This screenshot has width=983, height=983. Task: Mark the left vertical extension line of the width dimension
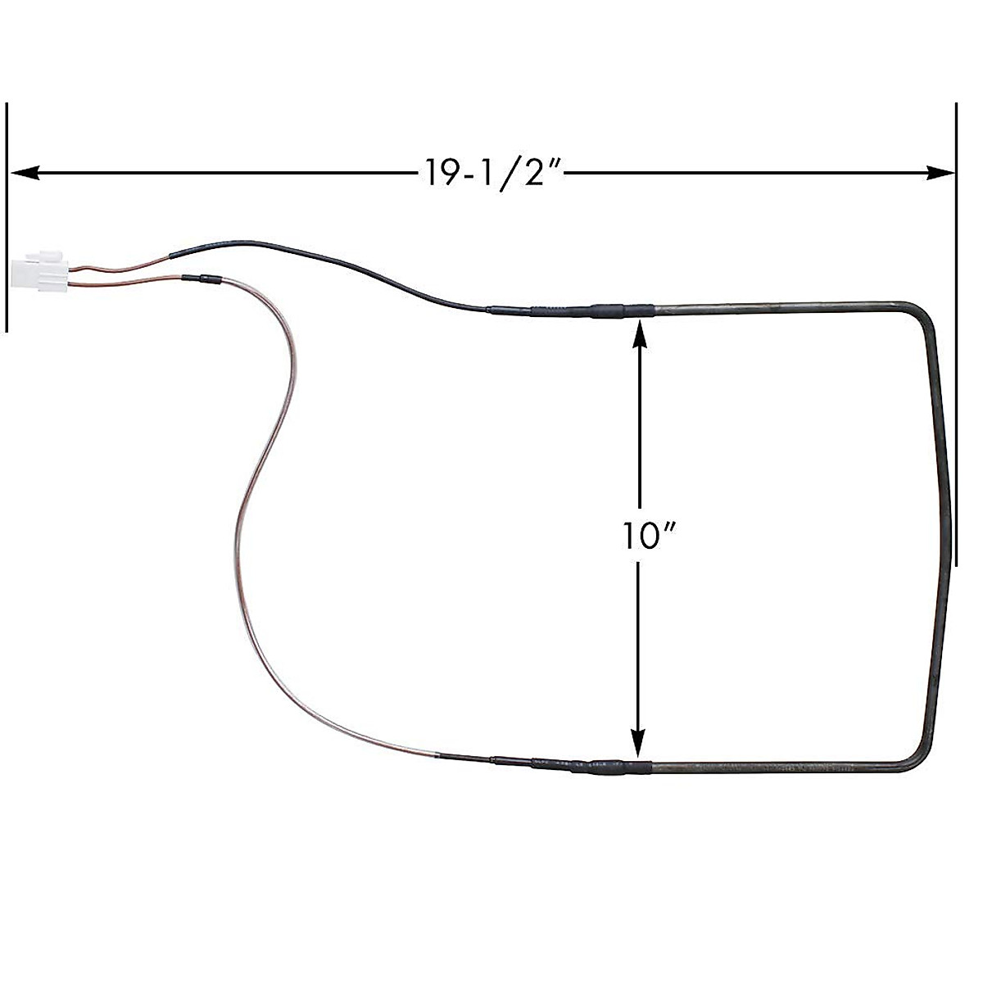pyautogui.click(x=7, y=217)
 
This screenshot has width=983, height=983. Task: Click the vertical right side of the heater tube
pyautogui.click(x=942, y=532)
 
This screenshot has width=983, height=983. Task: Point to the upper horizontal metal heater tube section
pyautogui.click(x=778, y=308)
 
